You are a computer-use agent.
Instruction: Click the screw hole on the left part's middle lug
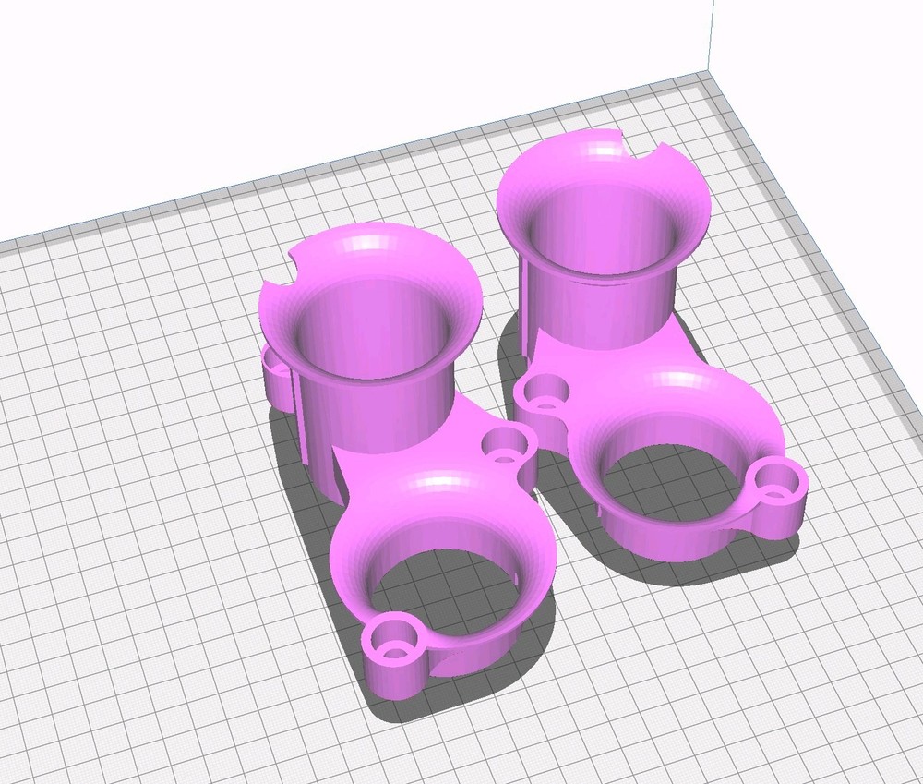tap(507, 445)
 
